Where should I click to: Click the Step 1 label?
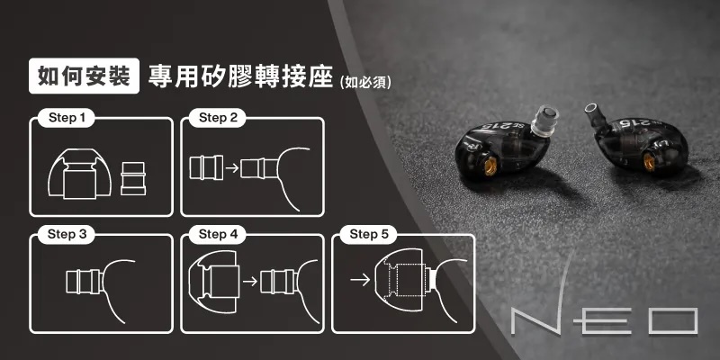click(x=67, y=118)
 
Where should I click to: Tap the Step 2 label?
click(x=218, y=118)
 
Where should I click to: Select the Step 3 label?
click(x=67, y=235)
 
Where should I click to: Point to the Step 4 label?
click(x=218, y=235)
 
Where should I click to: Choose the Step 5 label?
click(x=369, y=235)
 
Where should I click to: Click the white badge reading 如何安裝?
click(x=84, y=76)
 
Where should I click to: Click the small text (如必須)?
click(x=364, y=82)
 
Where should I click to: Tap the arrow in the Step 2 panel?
click(x=232, y=167)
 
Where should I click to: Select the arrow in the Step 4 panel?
click(x=250, y=281)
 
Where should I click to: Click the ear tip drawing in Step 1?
click(x=79, y=174)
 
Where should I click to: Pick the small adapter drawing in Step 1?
click(x=133, y=178)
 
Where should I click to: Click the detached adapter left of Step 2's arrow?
click(x=206, y=167)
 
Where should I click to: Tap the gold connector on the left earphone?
click(x=490, y=166)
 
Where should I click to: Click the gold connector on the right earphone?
click(x=649, y=162)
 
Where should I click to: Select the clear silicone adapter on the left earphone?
click(x=544, y=121)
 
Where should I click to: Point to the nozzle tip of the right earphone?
click(x=591, y=110)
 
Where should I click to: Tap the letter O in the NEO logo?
click(x=672, y=321)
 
